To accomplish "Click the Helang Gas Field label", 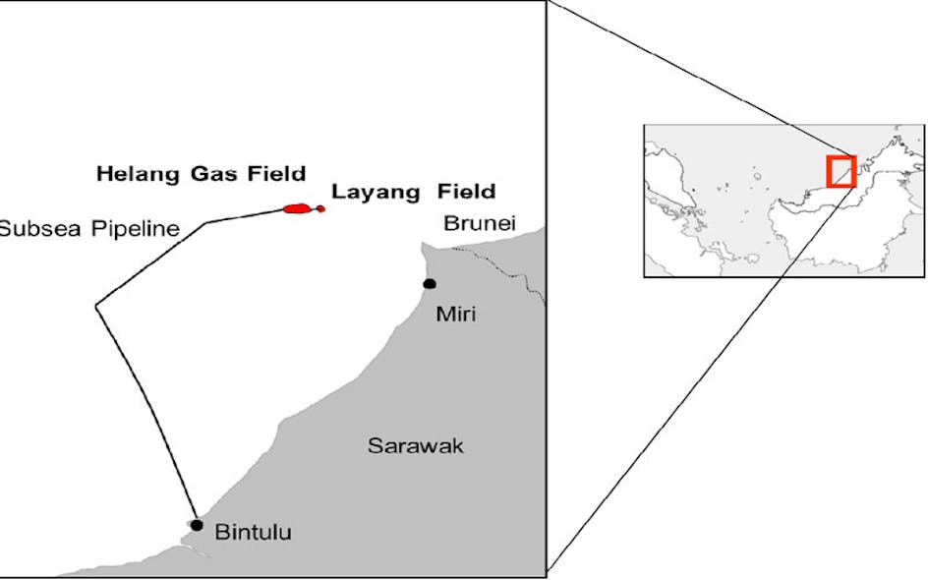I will click(x=201, y=174).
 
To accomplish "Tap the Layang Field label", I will click(x=413, y=192).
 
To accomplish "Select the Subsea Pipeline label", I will click(x=88, y=229).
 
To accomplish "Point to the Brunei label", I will click(x=479, y=223).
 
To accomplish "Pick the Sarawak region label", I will click(x=415, y=445).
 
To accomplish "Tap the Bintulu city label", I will click(x=253, y=533).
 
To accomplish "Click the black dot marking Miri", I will click(x=430, y=284).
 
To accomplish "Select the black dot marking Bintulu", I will click(x=197, y=525).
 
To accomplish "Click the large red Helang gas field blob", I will click(x=297, y=208).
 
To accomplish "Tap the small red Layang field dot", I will click(x=320, y=208).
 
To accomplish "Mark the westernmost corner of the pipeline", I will click(x=95, y=307).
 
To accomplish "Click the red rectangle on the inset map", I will click(x=841, y=171).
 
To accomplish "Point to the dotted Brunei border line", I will click(x=501, y=266).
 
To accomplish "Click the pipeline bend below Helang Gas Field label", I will click(x=206, y=223).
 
